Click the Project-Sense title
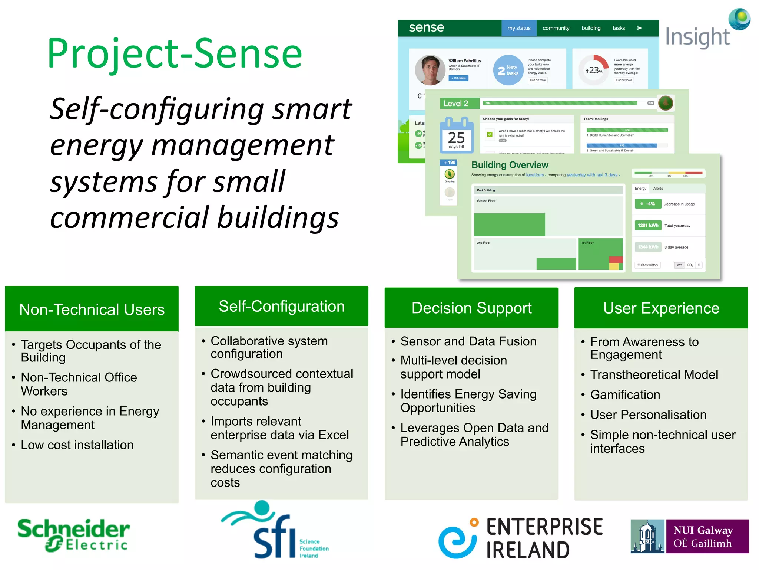(175, 54)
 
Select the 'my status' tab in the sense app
(518, 28)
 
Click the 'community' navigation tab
(556, 28)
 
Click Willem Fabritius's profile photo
(430, 70)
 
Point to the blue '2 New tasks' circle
(508, 70)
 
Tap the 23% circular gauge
(593, 70)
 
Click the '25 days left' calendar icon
(456, 135)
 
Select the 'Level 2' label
(455, 104)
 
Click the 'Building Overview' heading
(510, 165)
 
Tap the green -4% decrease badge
(647, 204)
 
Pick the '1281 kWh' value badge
(647, 225)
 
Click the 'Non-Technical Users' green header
(92, 309)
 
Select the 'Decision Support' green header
(471, 308)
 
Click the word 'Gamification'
(625, 394)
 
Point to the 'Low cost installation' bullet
(77, 445)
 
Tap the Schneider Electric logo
(73, 535)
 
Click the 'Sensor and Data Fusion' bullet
(468, 341)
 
